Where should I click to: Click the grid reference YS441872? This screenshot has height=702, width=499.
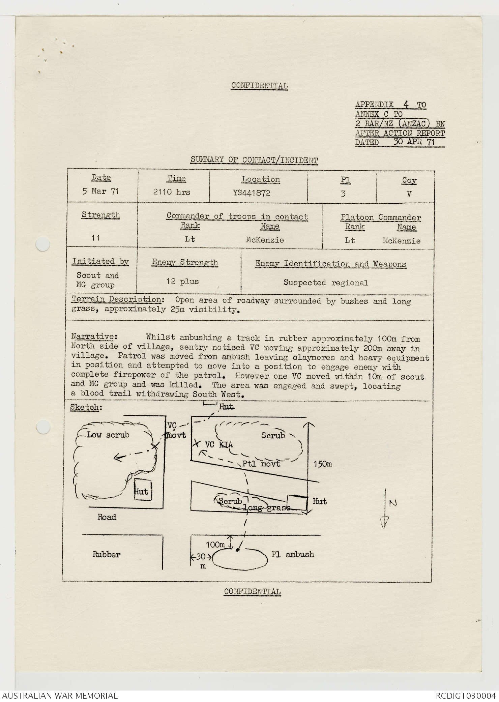251,193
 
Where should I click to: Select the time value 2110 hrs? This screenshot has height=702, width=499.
171,192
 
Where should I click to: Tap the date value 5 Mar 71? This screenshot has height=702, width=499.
100,191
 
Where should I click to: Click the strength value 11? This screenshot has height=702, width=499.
96,238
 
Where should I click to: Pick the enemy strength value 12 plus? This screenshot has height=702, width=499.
182,281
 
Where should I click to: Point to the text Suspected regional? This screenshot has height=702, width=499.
325,283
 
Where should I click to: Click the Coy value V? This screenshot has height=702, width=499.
409,194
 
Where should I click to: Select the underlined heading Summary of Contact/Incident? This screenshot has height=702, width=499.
254,160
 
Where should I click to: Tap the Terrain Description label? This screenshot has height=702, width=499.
117,299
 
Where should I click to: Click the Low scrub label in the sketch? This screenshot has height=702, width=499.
108,435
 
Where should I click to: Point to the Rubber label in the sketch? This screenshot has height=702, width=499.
106,554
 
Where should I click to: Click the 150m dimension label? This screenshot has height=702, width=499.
322,464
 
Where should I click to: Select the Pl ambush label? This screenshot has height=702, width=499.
293,554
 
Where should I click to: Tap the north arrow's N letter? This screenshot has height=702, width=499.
392,503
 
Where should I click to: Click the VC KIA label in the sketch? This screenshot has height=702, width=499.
219,444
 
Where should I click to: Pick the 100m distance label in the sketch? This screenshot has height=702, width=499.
215,545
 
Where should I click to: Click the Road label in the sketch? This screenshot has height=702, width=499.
107,517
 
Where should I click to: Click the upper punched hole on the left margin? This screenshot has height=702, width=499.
43,244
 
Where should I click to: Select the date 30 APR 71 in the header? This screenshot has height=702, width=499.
414,142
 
